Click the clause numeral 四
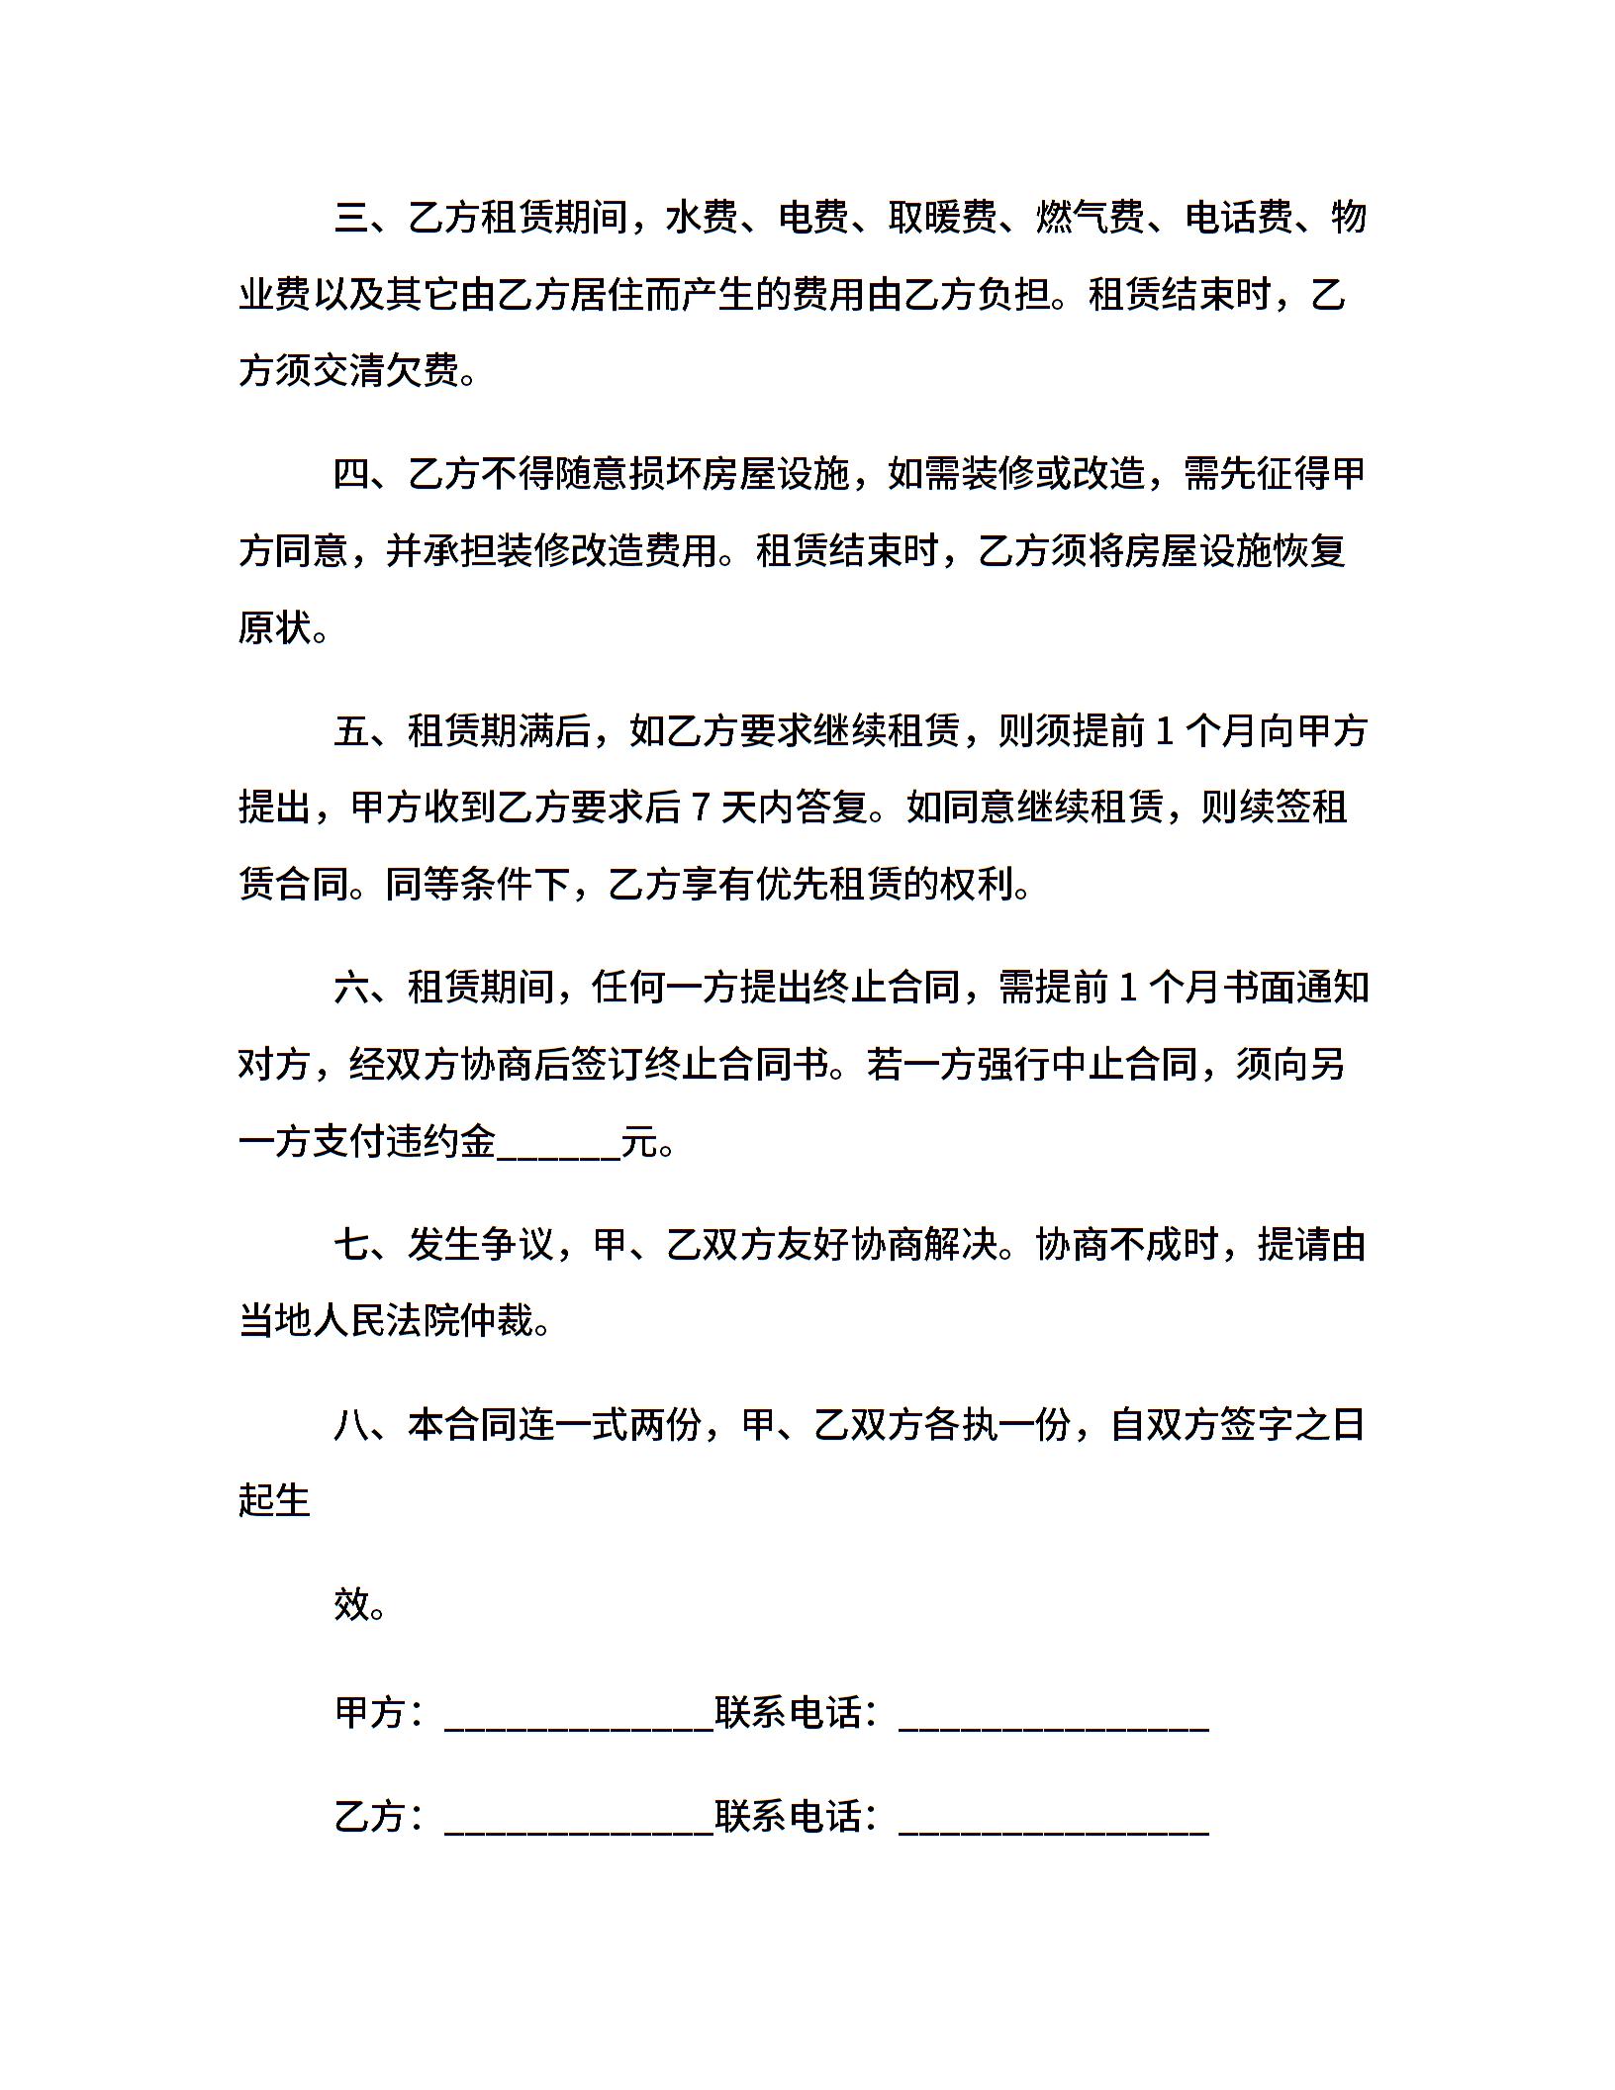352,474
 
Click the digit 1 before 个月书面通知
1128,988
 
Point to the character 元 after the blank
639,1142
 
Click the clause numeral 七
352,1245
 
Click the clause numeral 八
352,1425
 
